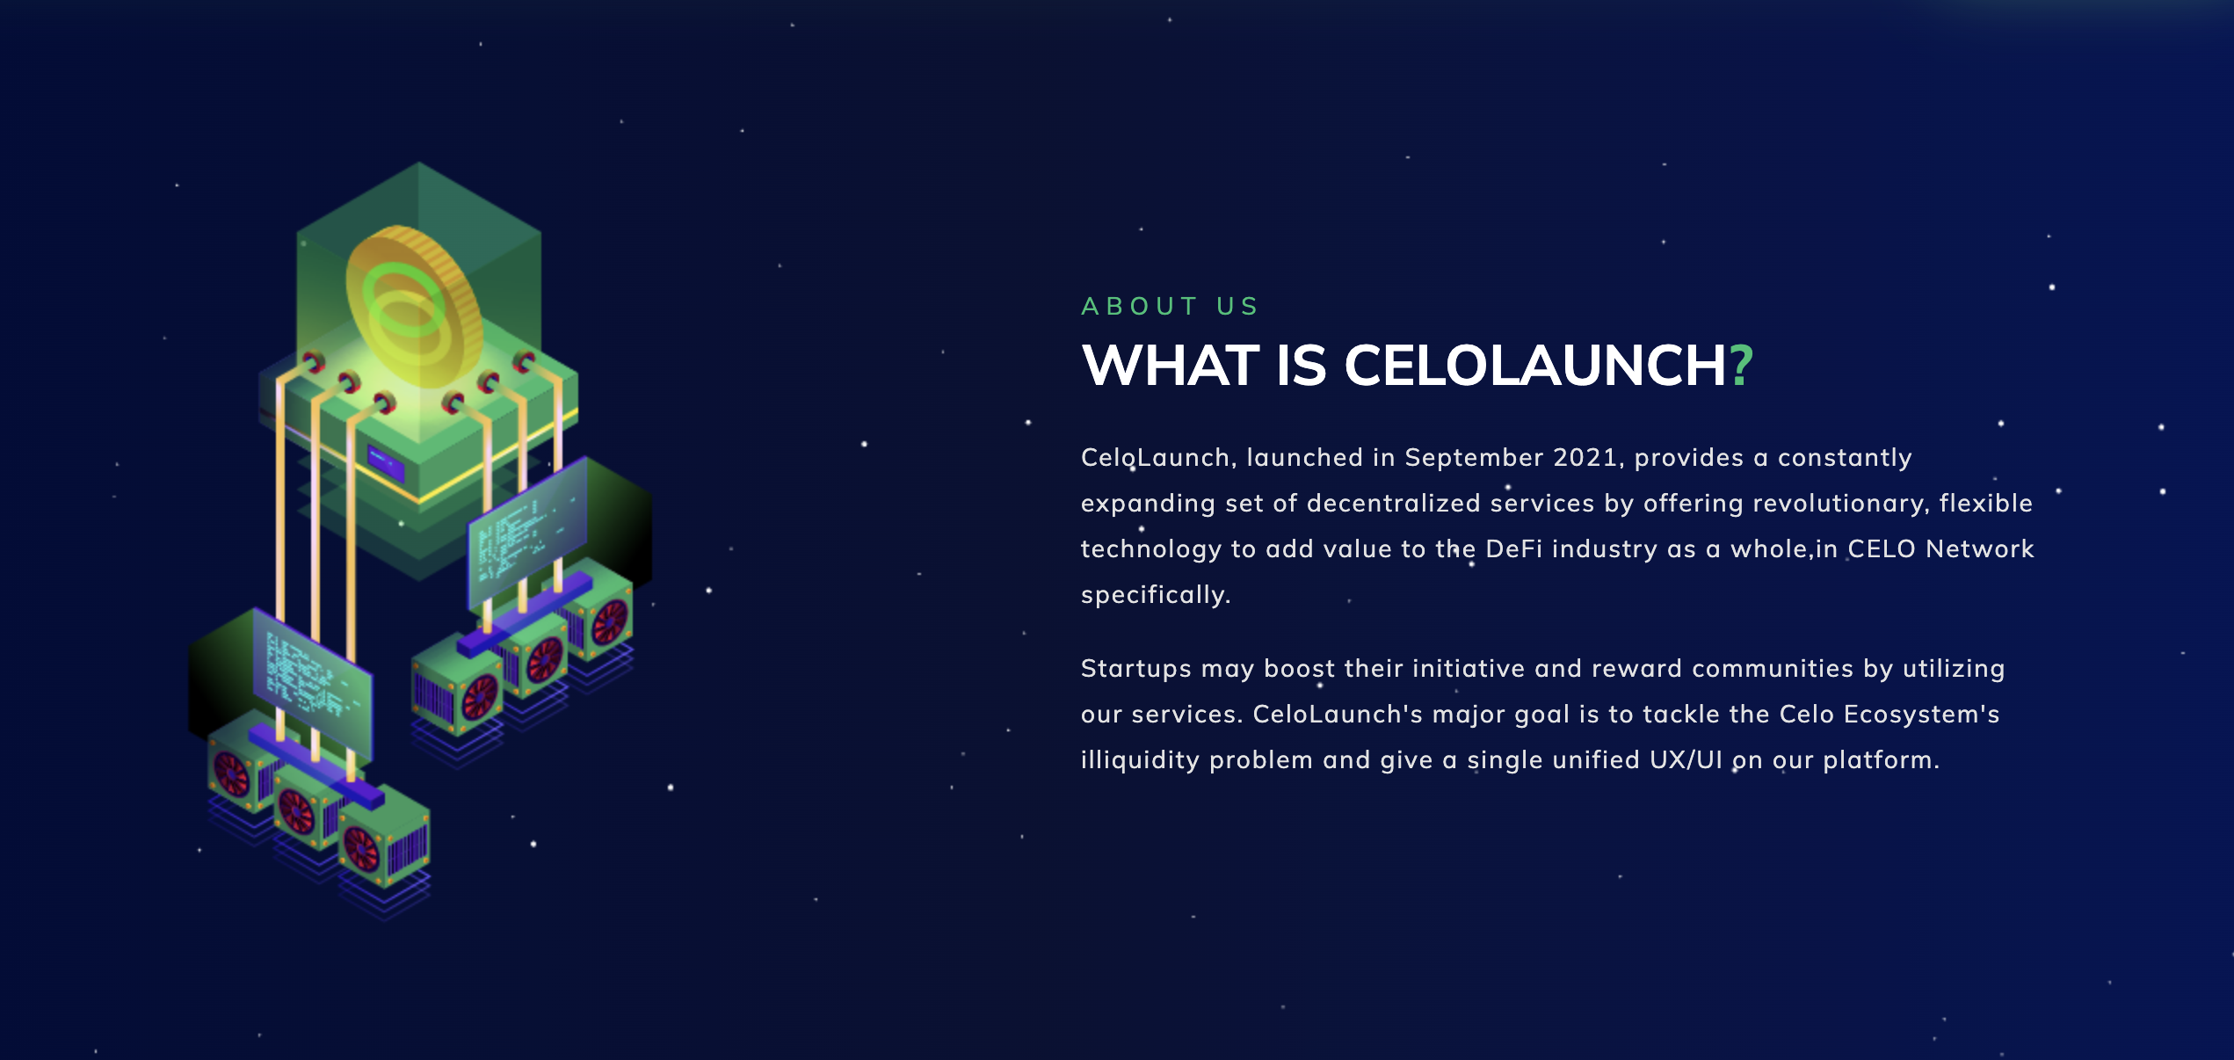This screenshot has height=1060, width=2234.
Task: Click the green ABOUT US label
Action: (1170, 306)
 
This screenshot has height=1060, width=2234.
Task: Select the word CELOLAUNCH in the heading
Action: (1534, 366)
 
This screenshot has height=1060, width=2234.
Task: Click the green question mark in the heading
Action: (1741, 366)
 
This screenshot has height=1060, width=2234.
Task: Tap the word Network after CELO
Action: (1979, 549)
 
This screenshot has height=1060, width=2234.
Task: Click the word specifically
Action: (1155, 595)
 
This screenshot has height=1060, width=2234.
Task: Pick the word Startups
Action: (1135, 669)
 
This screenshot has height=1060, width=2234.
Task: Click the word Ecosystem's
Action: (1921, 715)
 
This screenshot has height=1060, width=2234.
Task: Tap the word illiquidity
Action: (1140, 760)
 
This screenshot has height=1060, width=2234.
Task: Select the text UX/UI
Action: (1686, 760)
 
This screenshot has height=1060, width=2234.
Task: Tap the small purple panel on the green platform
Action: (386, 462)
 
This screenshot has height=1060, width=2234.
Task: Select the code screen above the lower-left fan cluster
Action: (312, 681)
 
